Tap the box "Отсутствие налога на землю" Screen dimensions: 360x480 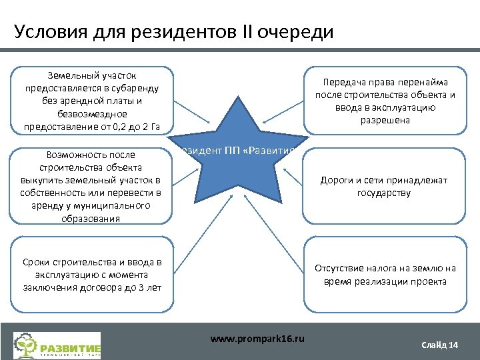tap(385, 275)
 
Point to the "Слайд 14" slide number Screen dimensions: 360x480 tap(440, 345)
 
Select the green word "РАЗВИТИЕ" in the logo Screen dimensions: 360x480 tap(70, 348)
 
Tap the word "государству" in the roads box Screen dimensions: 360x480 tap(383, 193)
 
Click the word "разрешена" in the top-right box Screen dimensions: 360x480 tap(385, 121)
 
